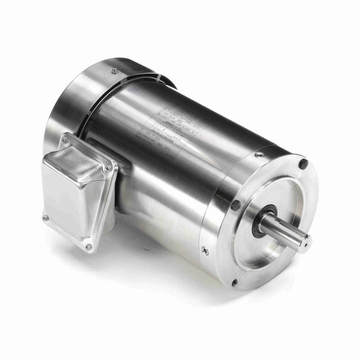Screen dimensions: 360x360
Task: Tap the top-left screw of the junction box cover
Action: pos(64,141)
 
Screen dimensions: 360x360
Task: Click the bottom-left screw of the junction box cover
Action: pos(45,218)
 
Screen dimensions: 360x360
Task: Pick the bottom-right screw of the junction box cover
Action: pos(88,247)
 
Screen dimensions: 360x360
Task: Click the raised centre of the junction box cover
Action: pos(77,192)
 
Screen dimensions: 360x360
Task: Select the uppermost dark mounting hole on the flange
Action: pos(303,164)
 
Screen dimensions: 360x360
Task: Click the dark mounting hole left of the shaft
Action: pos(235,205)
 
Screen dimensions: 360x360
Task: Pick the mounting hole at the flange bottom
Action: pos(233,282)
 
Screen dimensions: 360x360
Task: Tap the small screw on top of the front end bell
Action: pos(259,155)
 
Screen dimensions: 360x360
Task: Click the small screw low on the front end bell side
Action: pos(204,251)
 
